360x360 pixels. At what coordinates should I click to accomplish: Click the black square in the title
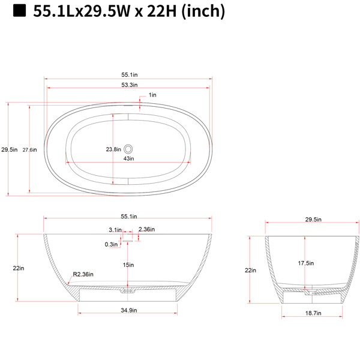(19, 11)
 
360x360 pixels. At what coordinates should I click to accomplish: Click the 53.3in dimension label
(130, 85)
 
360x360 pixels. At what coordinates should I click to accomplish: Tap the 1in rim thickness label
(152, 95)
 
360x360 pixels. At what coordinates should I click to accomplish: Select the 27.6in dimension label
(29, 150)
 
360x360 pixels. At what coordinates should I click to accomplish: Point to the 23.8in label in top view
(113, 149)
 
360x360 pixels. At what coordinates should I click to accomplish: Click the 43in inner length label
(129, 158)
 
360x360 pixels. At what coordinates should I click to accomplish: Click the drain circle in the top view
(128, 149)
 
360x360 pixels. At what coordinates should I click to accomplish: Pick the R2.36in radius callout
(83, 274)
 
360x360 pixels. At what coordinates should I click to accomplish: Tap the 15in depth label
(128, 265)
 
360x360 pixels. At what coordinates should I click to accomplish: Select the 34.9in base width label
(129, 310)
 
